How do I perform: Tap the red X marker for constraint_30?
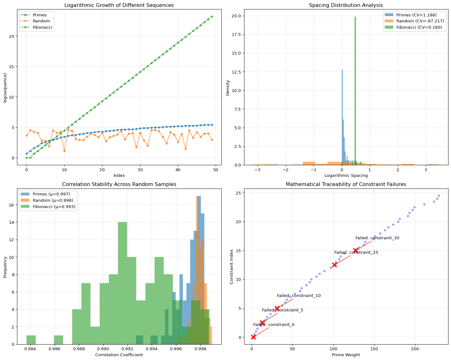tap(355, 250)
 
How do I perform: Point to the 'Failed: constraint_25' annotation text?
tap(356, 253)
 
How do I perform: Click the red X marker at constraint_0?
tap(253, 337)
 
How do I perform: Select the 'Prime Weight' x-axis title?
tap(346, 355)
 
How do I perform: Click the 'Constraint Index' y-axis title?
tap(232, 267)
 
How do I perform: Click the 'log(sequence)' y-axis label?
tap(5, 88)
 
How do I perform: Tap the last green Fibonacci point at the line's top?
tap(212, 16)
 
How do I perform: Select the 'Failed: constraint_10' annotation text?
tap(299, 296)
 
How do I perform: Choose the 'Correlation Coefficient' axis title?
tap(119, 355)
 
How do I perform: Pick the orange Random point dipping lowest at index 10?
tap(64, 151)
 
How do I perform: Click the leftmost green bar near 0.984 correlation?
tap(31, 340)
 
